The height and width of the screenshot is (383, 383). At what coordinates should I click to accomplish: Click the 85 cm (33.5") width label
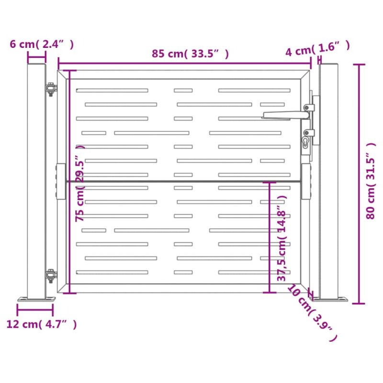[190, 54]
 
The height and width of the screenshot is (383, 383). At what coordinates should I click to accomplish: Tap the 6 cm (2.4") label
[42, 44]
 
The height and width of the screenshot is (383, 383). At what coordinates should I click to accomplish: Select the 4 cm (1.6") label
[317, 49]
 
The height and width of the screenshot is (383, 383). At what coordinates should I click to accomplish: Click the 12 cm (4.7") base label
[42, 324]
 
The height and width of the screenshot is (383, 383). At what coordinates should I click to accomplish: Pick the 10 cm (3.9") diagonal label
[312, 313]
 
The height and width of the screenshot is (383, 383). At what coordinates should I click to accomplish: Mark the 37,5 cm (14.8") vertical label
[282, 238]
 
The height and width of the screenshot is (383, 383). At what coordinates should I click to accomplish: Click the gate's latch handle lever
[286, 115]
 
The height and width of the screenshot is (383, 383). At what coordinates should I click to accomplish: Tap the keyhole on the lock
[305, 142]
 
